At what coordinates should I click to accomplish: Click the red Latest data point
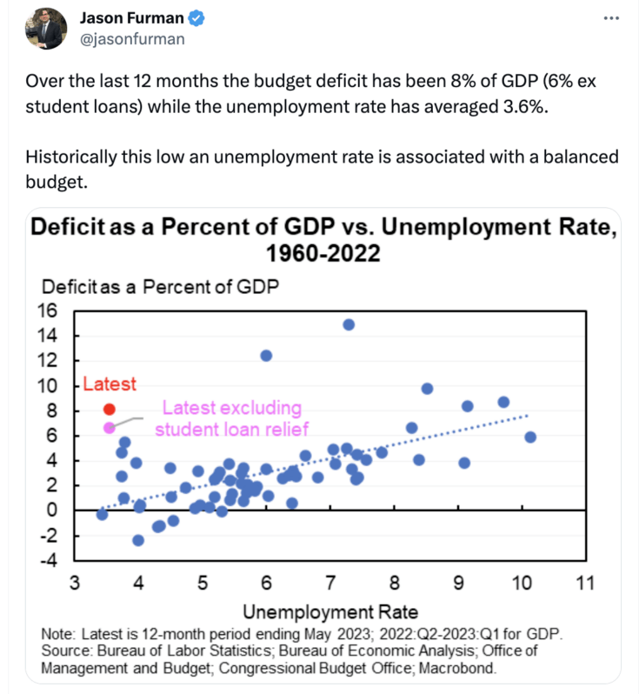click(x=110, y=409)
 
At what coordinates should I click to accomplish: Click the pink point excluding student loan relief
click(x=110, y=427)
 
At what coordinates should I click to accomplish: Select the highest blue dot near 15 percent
click(x=349, y=324)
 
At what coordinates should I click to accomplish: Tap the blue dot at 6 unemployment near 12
click(x=266, y=355)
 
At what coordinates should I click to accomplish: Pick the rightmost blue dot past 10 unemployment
click(x=530, y=437)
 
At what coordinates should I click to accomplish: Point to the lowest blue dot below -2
click(x=138, y=540)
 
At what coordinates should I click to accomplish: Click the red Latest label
click(x=110, y=384)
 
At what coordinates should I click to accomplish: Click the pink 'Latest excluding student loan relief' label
click(x=232, y=417)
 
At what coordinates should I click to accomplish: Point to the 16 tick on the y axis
click(x=46, y=310)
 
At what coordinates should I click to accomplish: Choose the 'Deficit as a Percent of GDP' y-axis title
click(x=160, y=287)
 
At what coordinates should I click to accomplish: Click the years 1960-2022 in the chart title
click(x=325, y=254)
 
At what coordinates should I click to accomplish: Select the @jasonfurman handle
click(x=131, y=38)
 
